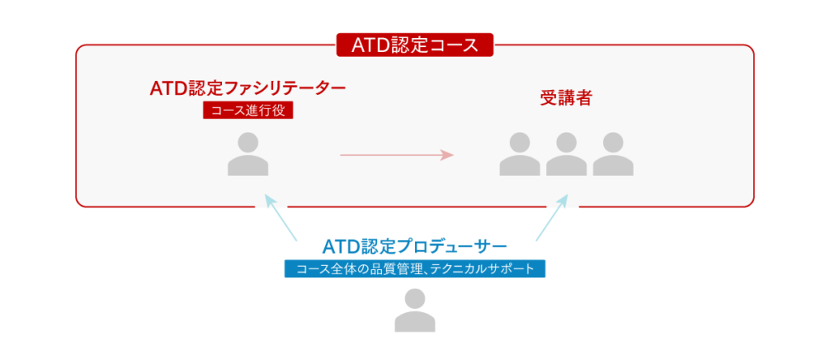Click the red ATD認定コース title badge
click(x=414, y=45)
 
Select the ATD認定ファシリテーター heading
click(x=248, y=88)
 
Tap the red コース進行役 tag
click(x=247, y=110)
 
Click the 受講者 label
click(x=565, y=98)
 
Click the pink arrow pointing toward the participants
click(x=396, y=154)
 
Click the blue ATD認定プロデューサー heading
click(x=414, y=245)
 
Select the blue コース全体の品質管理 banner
click(x=414, y=268)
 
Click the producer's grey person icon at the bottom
click(x=414, y=312)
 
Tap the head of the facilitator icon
click(x=247, y=144)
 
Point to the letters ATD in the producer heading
click(x=340, y=245)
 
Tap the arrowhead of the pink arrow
click(x=447, y=154)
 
